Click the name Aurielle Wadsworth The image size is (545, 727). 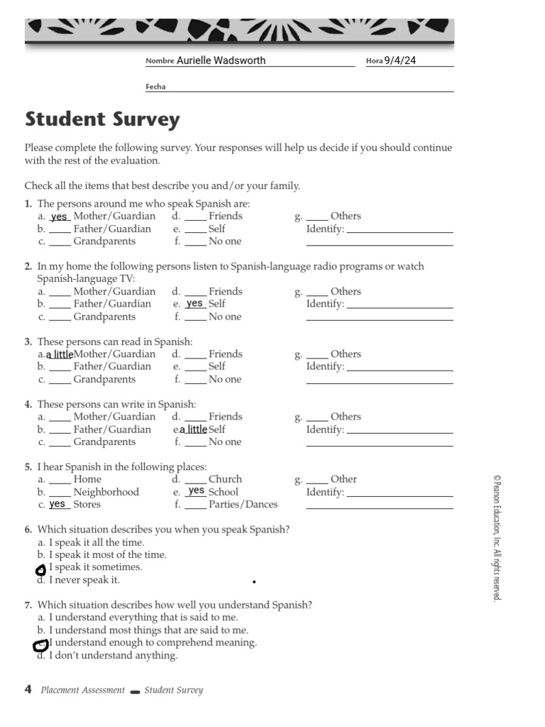[x=221, y=61]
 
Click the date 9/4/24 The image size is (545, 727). [x=400, y=60]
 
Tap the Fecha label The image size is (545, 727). [x=155, y=87]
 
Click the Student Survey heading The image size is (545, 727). [x=102, y=119]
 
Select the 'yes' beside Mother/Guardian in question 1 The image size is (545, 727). [x=60, y=217]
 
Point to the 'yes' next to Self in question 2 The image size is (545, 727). [x=195, y=303]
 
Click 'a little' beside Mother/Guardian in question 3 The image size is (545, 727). [x=60, y=354]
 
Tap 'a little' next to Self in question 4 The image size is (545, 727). [x=194, y=430]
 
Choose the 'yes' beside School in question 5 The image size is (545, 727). [x=197, y=491]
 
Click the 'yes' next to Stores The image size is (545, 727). [x=57, y=504]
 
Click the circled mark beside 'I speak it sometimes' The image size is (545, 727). [x=40, y=569]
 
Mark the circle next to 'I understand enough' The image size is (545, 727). [x=40, y=645]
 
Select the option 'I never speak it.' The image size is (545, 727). [x=84, y=580]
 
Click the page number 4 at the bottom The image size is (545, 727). [x=28, y=689]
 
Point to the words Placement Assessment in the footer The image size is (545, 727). [x=82, y=690]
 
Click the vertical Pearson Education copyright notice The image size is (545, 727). [x=496, y=540]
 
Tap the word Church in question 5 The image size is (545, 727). [x=225, y=479]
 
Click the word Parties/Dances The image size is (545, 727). [x=243, y=505]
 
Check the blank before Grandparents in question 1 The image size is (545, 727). [x=60, y=242]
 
